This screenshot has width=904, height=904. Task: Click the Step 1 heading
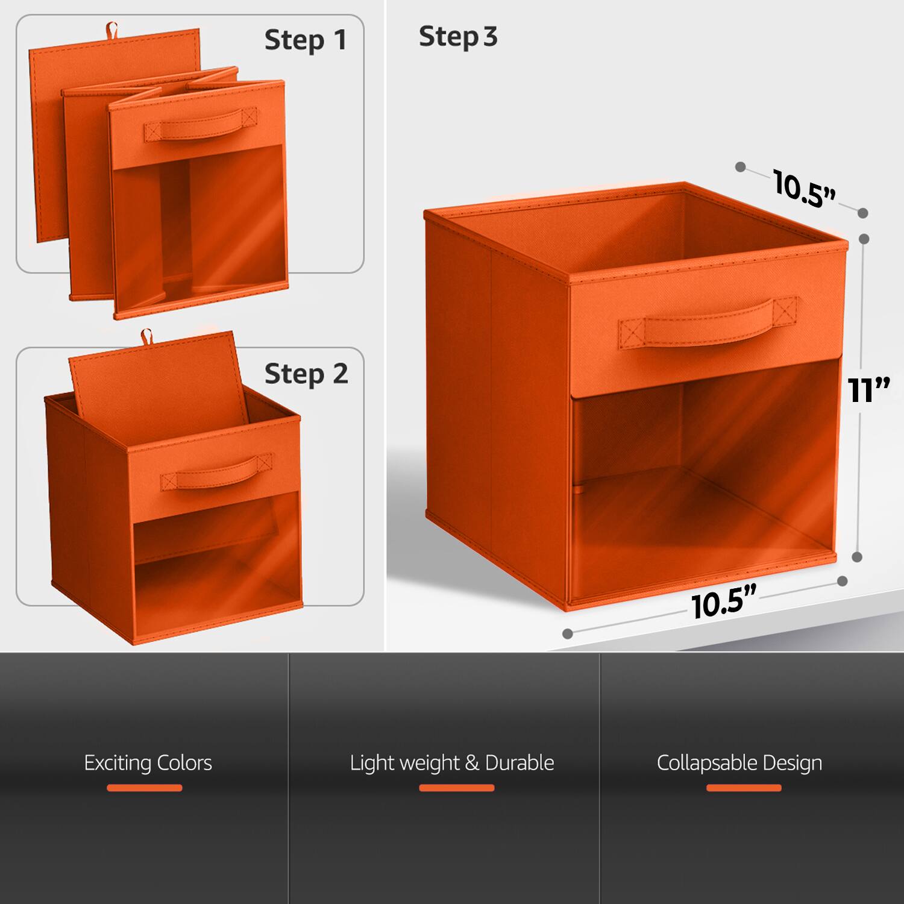coord(306,40)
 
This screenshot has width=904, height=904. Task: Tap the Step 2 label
coord(306,374)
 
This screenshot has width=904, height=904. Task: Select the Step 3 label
coord(458,37)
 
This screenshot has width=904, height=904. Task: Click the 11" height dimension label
coord(868,391)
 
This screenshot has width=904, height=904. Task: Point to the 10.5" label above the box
coord(805,189)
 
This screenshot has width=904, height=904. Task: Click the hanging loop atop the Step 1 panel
coord(111,29)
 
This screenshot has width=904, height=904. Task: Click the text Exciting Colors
coord(148,762)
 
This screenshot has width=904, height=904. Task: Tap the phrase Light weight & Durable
coord(452,762)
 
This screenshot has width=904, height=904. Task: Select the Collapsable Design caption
coord(739,762)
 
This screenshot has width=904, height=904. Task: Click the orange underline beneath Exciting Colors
coord(145,788)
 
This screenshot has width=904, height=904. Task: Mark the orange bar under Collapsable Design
coord(744,788)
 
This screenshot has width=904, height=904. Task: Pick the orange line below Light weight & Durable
coord(456,788)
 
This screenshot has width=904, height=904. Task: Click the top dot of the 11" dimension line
coord(864,239)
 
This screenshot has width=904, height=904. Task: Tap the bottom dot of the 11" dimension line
coord(858,557)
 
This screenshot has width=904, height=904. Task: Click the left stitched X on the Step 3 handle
coord(632,334)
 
